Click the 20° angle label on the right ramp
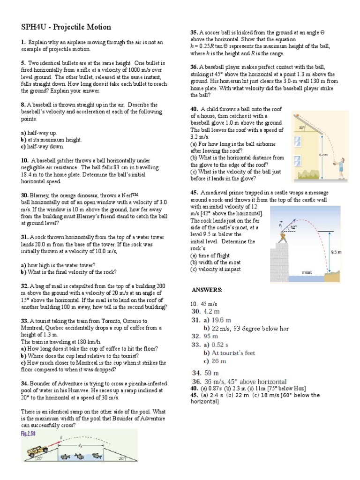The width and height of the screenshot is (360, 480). point(122,459)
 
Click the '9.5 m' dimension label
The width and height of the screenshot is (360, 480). point(336,252)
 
